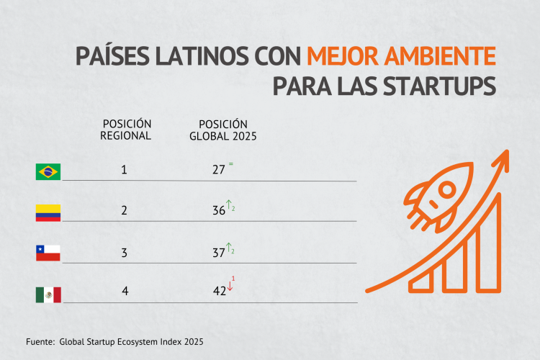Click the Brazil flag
[x=48, y=171]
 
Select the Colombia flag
[x=48, y=212]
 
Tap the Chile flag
[x=48, y=253]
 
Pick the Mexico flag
[x=48, y=294]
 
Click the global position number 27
[x=219, y=171]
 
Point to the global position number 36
[x=219, y=212]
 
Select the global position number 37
[x=219, y=253]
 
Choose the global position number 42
[x=219, y=293]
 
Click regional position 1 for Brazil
[x=125, y=171]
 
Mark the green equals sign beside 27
[x=231, y=164]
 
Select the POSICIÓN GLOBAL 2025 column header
[x=223, y=130]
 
